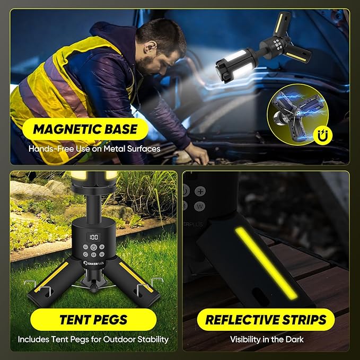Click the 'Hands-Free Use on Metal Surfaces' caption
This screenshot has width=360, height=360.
tap(94, 149)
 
